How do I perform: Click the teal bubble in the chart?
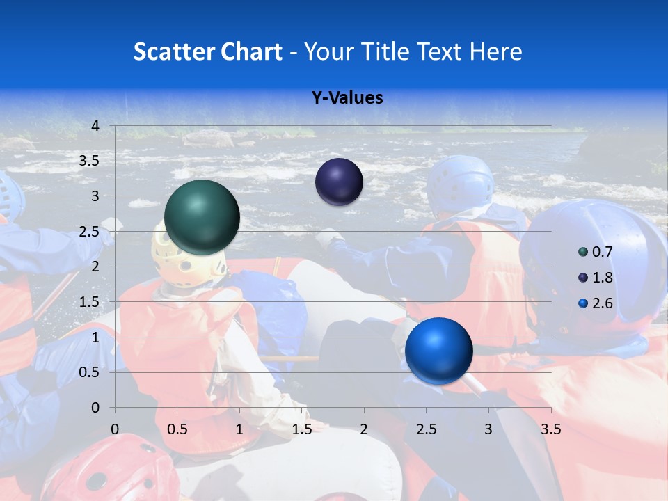tap(202, 217)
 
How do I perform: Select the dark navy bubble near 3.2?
tap(339, 182)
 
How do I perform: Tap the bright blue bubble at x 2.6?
tap(438, 351)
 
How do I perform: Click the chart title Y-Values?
tap(347, 98)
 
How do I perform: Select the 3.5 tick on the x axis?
tap(550, 429)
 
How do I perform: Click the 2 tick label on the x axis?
tap(364, 429)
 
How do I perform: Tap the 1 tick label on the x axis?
tap(239, 429)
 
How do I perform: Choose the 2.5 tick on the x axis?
tap(426, 429)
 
